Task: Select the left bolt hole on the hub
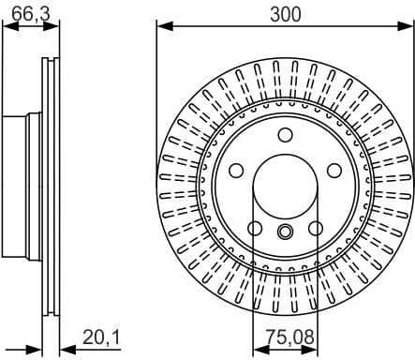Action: click(x=235, y=172)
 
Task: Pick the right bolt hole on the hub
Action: click(x=334, y=172)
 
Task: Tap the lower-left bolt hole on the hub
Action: click(x=254, y=228)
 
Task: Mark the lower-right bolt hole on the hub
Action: click(x=316, y=228)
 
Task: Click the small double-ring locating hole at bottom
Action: click(x=285, y=232)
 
